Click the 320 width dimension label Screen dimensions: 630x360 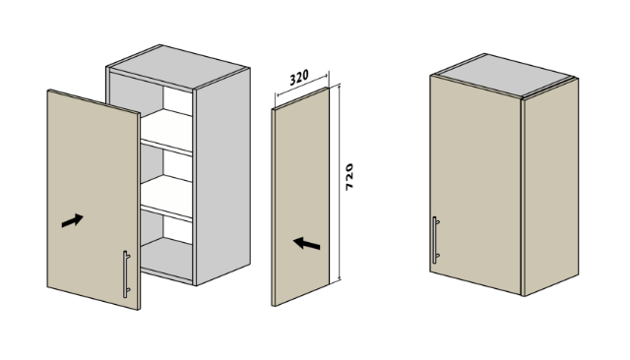pos(299,77)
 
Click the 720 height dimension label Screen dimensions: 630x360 pos(349,177)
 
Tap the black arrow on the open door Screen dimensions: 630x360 pos(72,220)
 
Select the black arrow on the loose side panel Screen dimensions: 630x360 pos(306,243)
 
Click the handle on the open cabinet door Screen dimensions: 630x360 pos(126,274)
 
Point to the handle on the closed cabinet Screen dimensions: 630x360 pos(435,240)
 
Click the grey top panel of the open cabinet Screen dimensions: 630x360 pos(179,66)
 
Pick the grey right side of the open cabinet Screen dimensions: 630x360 pos(222,177)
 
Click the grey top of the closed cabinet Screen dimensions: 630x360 pos(503,75)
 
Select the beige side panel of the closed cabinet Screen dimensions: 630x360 pos(551,187)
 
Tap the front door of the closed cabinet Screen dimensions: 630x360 pos(475,184)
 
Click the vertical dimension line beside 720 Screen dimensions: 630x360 pos(340,182)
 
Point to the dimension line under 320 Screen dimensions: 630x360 pos(302,85)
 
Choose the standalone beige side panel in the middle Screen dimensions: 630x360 pos(300,197)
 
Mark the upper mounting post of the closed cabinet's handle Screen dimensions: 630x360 pos(437,221)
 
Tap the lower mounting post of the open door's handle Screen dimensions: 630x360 pos(128,289)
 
